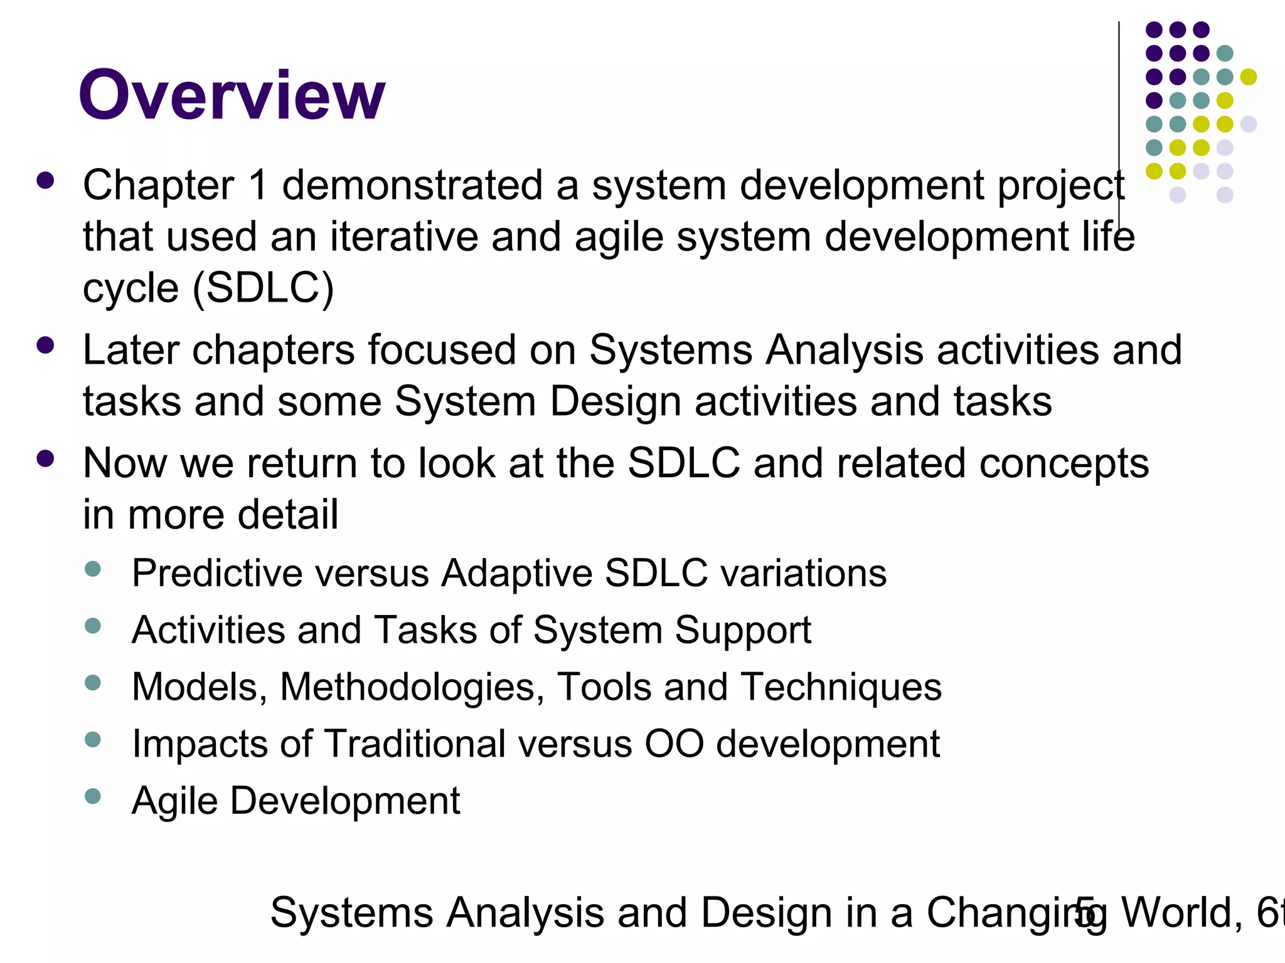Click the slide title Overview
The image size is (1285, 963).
[232, 95]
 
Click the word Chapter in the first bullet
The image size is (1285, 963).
[158, 186]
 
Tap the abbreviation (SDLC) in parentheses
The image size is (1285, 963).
[263, 289]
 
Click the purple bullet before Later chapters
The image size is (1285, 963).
[46, 345]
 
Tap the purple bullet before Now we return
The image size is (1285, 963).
[46, 459]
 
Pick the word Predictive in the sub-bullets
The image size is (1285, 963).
[217, 573]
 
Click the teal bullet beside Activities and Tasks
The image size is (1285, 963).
[93, 626]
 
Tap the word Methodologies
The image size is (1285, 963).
[412, 687]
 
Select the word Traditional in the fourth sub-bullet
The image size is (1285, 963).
[415, 744]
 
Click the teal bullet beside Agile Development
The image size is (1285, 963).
[93, 796]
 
